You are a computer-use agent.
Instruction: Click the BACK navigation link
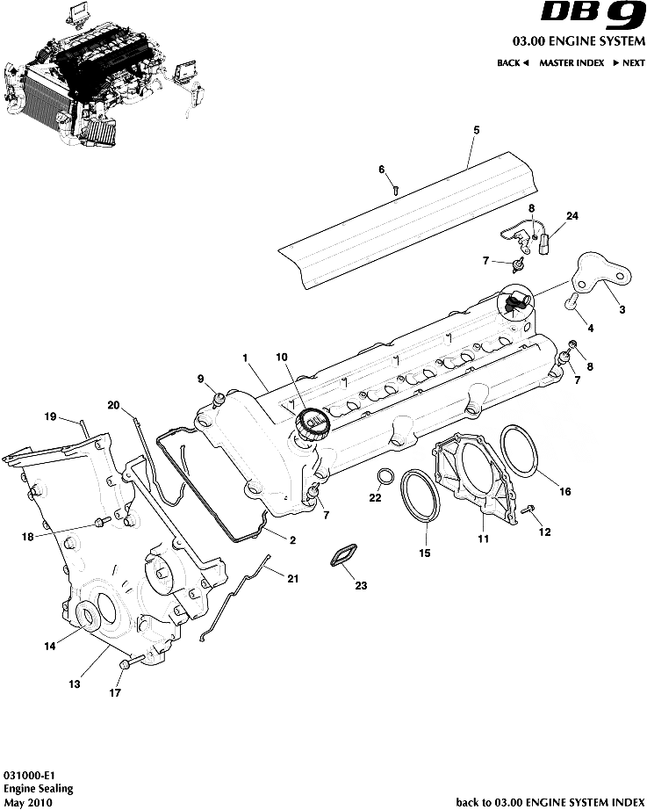[x=513, y=63]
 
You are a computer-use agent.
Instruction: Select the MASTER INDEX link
[x=570, y=63]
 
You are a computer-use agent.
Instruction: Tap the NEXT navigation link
[x=629, y=63]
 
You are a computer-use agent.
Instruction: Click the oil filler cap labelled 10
[x=312, y=424]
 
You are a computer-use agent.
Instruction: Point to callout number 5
[x=477, y=130]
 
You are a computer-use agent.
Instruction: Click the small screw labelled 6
[x=397, y=187]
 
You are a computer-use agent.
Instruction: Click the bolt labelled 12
[x=528, y=510]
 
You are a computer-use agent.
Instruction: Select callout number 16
[x=565, y=492]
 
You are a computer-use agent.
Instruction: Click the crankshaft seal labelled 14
[x=87, y=618]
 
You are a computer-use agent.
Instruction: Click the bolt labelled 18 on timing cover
[x=100, y=524]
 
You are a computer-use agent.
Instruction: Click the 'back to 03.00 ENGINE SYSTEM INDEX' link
[x=550, y=802]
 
